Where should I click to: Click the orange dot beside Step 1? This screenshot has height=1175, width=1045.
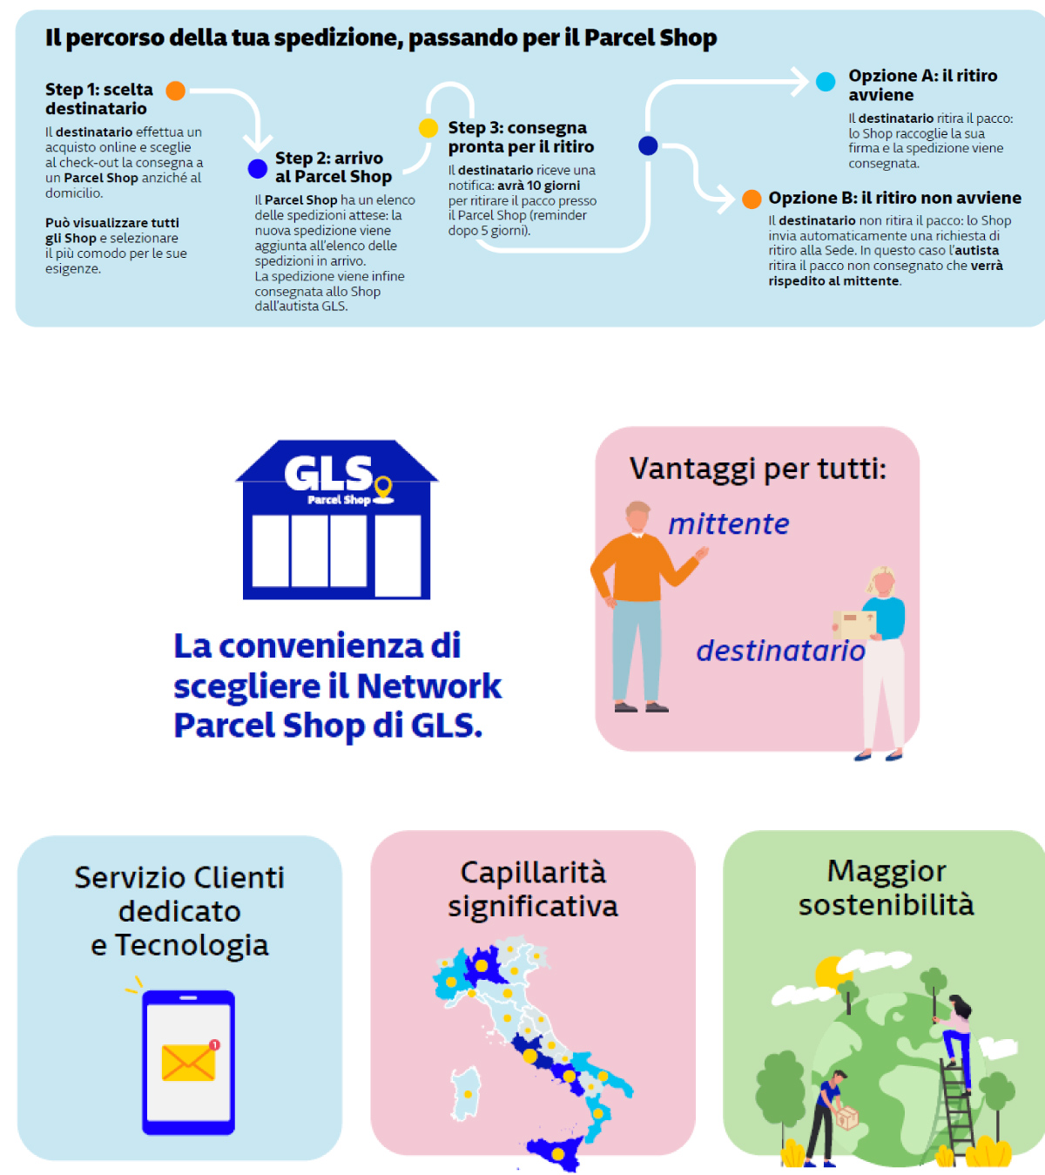(x=176, y=91)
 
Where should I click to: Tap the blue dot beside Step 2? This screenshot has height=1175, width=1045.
(x=257, y=168)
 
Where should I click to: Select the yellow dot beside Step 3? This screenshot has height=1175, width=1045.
(x=428, y=128)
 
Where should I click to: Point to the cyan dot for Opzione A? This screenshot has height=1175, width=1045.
(x=826, y=82)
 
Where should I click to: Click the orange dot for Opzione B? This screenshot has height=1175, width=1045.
(x=752, y=199)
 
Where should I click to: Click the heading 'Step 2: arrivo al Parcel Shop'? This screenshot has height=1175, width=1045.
(x=333, y=167)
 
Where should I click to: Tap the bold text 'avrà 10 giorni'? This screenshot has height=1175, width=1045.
(x=538, y=186)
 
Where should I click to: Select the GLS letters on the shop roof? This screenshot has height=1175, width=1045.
(x=328, y=474)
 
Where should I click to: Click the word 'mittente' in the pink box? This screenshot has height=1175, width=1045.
(x=728, y=524)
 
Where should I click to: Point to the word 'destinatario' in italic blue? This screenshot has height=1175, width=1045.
(x=780, y=651)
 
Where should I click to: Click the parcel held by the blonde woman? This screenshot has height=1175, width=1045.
(x=854, y=624)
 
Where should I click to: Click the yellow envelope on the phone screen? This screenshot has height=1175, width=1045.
(x=188, y=1062)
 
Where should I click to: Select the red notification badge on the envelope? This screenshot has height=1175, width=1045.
(x=214, y=1044)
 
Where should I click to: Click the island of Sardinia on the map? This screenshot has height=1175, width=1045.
(x=465, y=1093)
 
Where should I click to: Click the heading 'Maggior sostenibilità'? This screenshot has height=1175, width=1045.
(x=886, y=888)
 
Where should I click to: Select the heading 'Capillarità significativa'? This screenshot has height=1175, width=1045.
(x=533, y=889)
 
